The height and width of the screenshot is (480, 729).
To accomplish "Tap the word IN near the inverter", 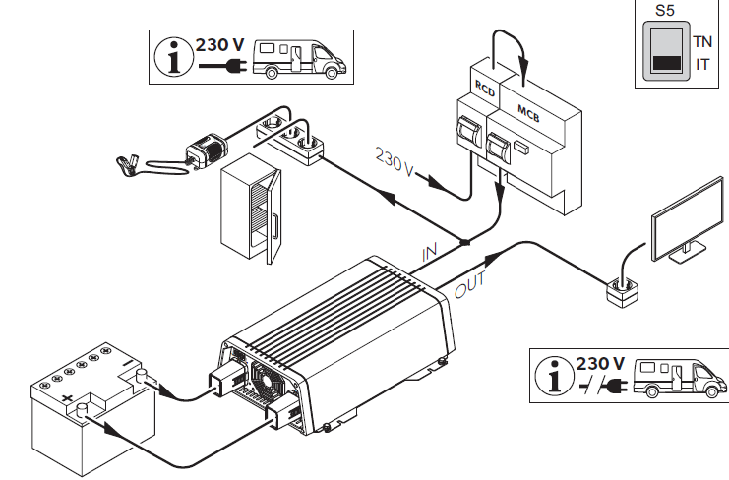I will point(430,252).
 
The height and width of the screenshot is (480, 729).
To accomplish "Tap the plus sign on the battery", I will point(68,398).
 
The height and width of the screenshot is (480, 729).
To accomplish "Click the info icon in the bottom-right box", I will point(559,378).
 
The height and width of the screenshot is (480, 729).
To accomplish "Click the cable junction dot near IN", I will point(465,240).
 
